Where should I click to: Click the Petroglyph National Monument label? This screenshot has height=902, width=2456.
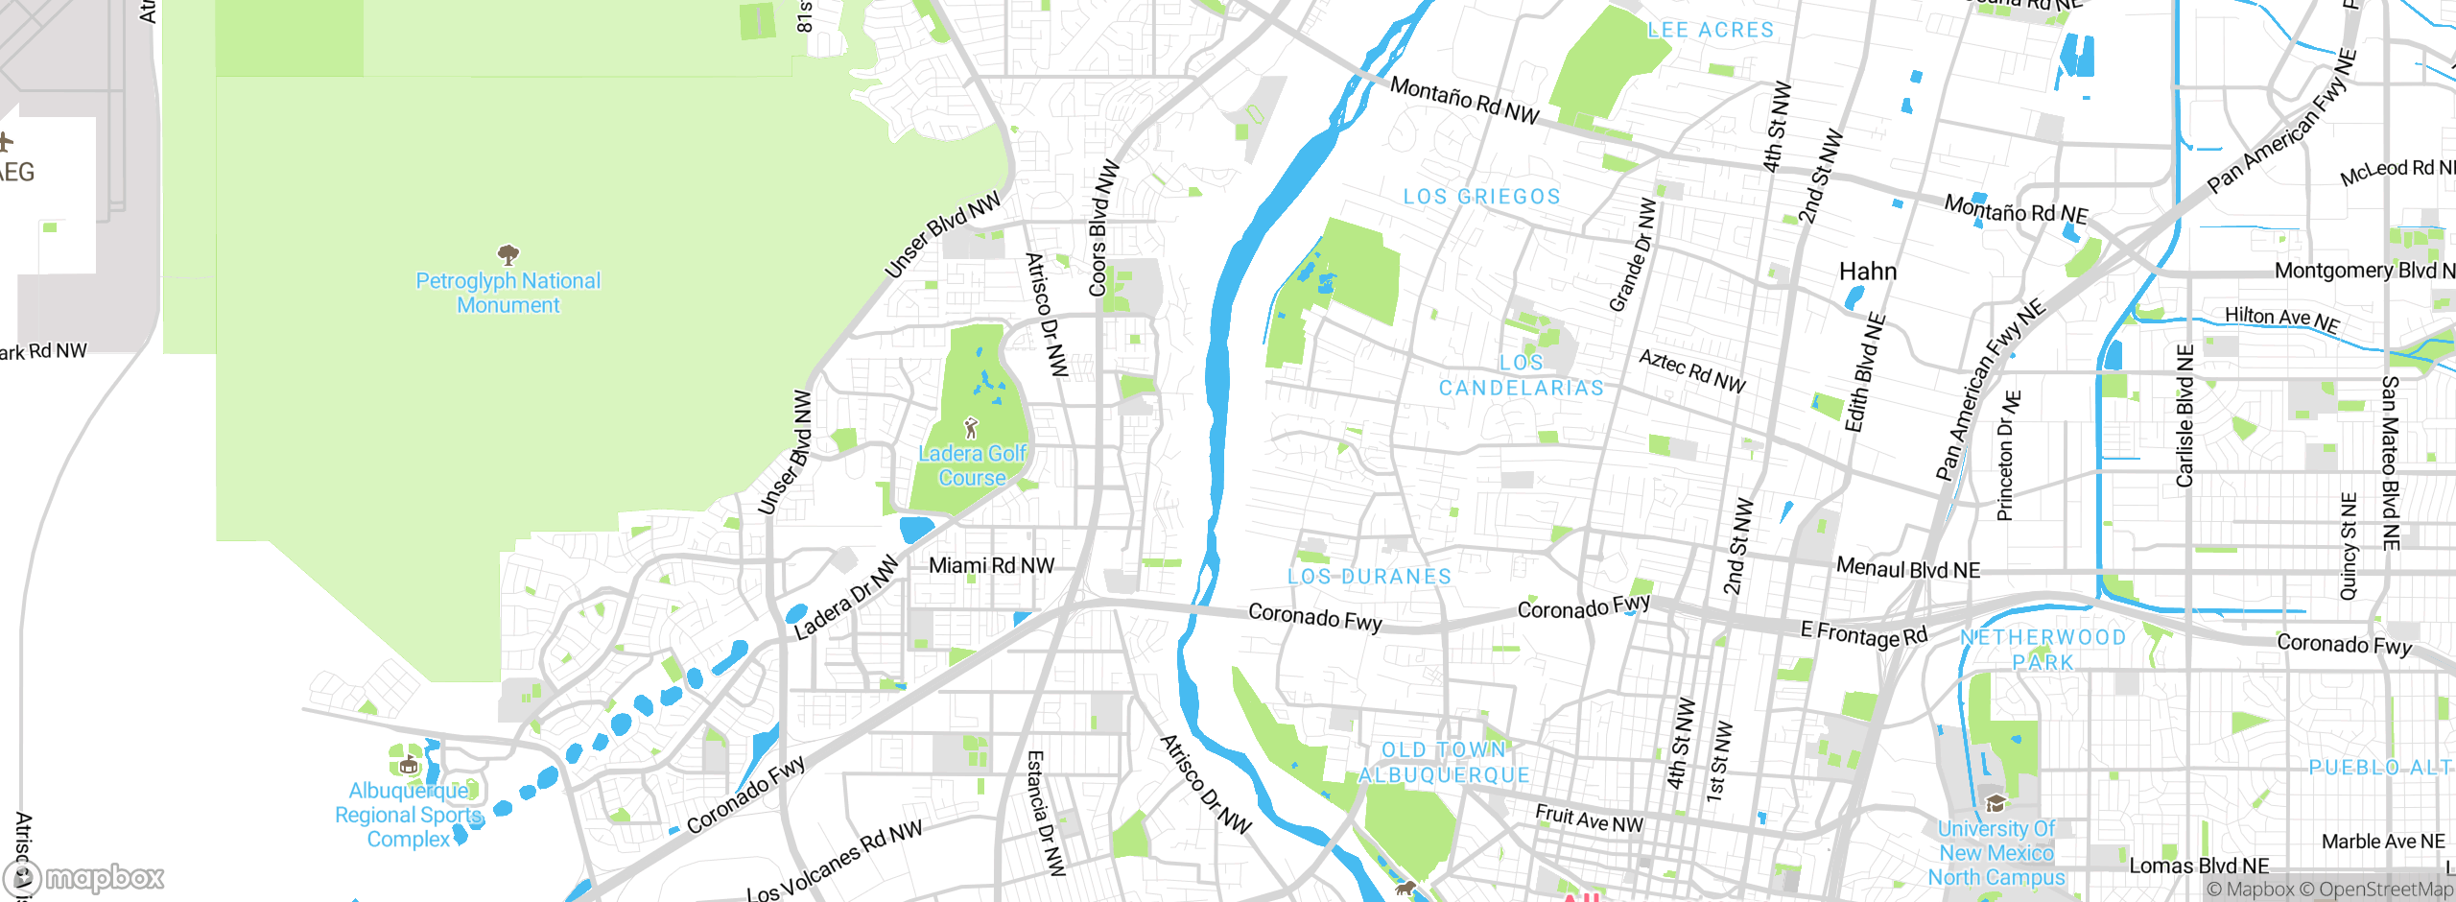coord(508,293)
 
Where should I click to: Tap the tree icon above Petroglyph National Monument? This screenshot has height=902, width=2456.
coord(508,254)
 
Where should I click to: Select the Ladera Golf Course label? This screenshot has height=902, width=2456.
coord(972,465)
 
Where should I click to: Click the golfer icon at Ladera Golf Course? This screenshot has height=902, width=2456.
coord(971,427)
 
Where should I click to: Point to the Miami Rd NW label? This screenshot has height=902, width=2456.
coord(991,566)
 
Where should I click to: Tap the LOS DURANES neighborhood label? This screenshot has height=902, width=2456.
coord(1369,577)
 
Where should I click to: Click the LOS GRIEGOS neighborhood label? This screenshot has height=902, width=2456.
coord(1481,197)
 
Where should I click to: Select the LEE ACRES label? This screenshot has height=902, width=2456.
coord(1711,31)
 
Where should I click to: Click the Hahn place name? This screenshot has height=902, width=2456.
coord(1867,272)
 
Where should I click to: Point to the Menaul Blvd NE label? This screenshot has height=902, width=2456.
coord(1907,569)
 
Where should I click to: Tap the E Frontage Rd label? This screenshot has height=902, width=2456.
coord(1863,634)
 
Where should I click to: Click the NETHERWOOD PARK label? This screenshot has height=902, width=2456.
coord(2043,650)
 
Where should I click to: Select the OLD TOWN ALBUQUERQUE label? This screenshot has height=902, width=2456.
coord(1444,763)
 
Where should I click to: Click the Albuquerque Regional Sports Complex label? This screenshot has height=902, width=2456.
coord(408,815)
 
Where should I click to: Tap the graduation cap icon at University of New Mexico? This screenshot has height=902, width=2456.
coord(1995,802)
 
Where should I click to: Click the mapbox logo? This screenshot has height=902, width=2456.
coord(86,877)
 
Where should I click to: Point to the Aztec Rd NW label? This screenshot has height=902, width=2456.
coord(1691,371)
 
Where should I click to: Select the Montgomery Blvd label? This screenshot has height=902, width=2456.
coord(2362,272)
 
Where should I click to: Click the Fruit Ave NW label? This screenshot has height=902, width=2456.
coord(1589,819)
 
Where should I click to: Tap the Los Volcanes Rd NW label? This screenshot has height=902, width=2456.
coord(834,861)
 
